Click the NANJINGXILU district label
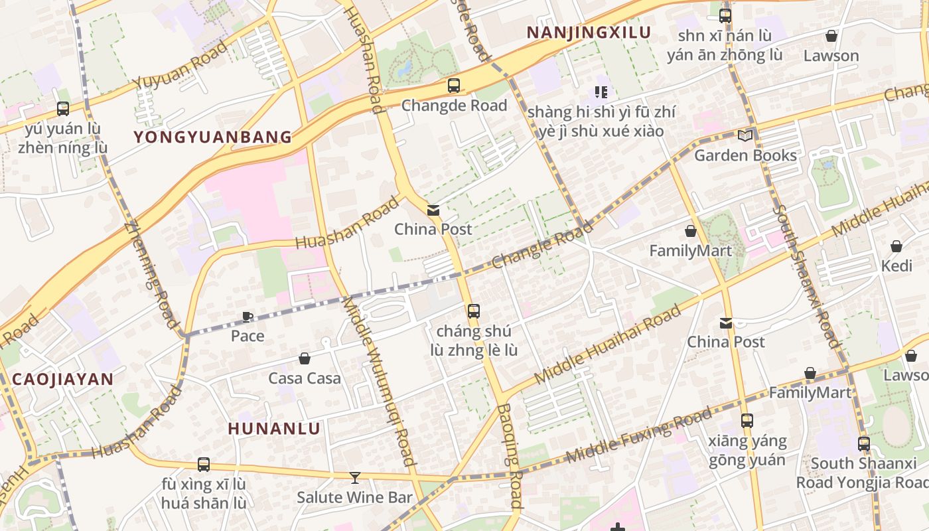[x=588, y=33]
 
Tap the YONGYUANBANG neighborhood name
[x=212, y=137]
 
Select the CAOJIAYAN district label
[x=62, y=380]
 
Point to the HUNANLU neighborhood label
[x=274, y=429]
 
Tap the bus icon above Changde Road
[x=454, y=86]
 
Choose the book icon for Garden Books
[x=745, y=135]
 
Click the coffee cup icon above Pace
[x=248, y=317]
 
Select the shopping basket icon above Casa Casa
[x=305, y=358]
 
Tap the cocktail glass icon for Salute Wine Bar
[x=354, y=477]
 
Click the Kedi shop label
[x=896, y=266]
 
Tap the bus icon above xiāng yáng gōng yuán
[x=747, y=420]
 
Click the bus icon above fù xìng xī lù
[x=204, y=465]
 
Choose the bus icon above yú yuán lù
[x=63, y=109]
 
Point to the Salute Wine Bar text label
[x=354, y=497]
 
